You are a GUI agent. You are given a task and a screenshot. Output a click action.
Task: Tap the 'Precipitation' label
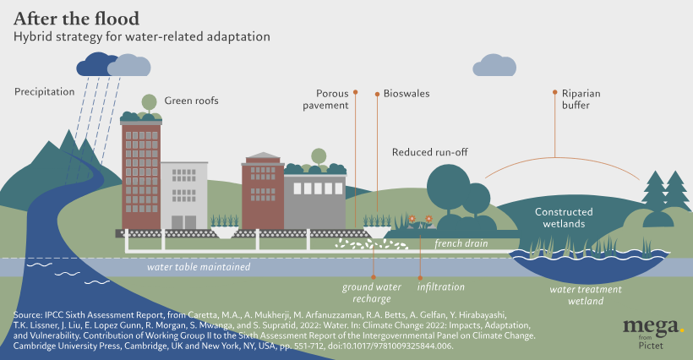pos(45,91)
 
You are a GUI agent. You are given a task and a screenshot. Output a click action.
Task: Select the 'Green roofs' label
pos(191,101)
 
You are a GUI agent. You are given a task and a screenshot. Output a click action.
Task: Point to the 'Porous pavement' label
pos(332,99)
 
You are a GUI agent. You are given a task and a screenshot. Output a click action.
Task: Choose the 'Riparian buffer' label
pos(581,99)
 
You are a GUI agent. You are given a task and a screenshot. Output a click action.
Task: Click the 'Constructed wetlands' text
pos(564,217)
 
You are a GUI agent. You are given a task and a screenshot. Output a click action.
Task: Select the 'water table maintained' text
pos(199,267)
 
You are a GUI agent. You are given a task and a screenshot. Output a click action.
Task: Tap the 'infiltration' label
pos(440,287)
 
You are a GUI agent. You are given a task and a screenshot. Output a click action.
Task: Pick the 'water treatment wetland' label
pos(586,294)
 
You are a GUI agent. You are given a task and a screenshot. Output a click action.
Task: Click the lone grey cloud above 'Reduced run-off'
pos(494,66)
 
